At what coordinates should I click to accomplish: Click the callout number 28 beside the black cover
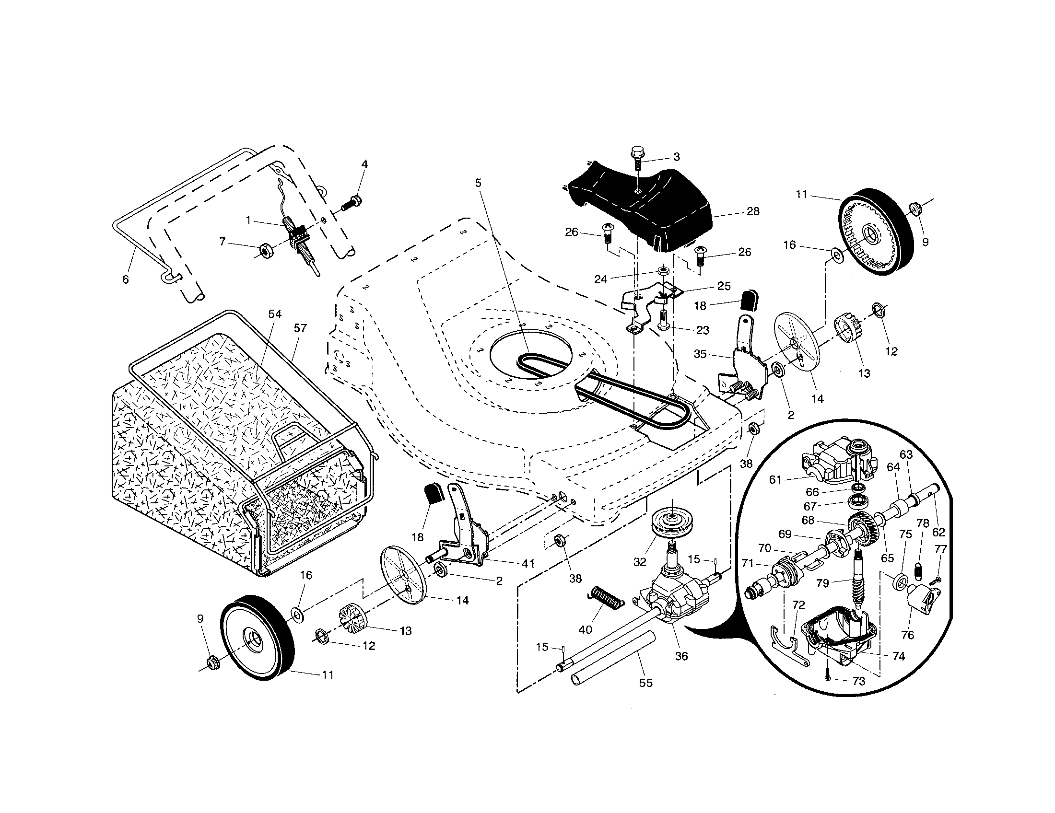tap(752, 211)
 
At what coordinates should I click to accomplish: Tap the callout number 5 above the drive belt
tap(478, 183)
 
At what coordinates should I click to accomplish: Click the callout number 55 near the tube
tap(645, 683)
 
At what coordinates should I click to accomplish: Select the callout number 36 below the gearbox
tap(681, 656)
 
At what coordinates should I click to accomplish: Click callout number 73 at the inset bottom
tap(858, 681)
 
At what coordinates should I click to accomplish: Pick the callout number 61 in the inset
tap(775, 479)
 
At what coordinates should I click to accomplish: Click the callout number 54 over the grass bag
tap(274, 314)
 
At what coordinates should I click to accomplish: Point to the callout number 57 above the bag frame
tap(300, 328)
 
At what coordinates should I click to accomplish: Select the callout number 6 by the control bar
tap(126, 279)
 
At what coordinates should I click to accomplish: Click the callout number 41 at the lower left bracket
tap(528, 563)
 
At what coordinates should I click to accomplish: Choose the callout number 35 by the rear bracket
tap(700, 354)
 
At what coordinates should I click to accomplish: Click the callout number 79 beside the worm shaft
tap(822, 583)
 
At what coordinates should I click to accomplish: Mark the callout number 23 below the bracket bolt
tap(703, 330)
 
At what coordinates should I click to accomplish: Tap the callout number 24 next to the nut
tap(600, 279)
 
